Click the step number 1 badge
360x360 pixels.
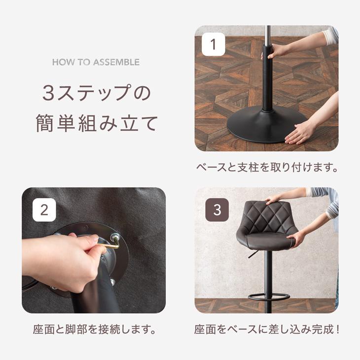pyautogui.click(x=214, y=45)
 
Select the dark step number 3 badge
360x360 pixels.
pyautogui.click(x=217, y=210)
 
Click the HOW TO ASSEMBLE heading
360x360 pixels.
pyautogui.click(x=96, y=63)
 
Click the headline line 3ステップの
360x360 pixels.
pyautogui.click(x=96, y=93)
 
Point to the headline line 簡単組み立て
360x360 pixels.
pyautogui.click(x=96, y=123)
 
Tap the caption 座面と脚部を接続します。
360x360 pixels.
pyautogui.click(x=94, y=329)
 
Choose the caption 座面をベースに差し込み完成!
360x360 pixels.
pyautogui.click(x=266, y=329)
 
